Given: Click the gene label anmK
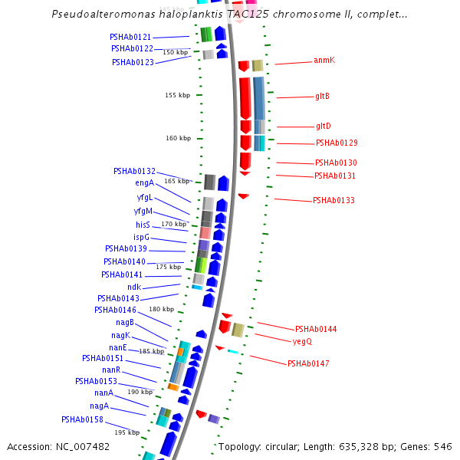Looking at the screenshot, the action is (x=324, y=60).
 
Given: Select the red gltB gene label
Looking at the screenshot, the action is (x=322, y=96).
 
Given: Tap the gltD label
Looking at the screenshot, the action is (x=323, y=126).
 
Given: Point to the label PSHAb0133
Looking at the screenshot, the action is (x=333, y=200).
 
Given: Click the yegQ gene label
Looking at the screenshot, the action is (x=302, y=341).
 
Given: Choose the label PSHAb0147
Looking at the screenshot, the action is (x=308, y=363).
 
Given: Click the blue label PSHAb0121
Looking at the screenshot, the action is (x=130, y=37).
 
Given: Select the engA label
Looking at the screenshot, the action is (x=144, y=182).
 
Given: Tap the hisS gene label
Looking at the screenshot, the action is (x=143, y=225).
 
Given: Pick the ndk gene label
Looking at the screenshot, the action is (x=134, y=287).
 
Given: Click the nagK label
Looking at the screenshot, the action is (x=120, y=335).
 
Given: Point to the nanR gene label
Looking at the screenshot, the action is (x=110, y=370).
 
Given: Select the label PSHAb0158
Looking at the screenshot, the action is (x=82, y=419).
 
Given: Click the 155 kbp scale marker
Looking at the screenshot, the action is (x=177, y=95).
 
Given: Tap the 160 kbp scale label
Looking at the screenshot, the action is (x=178, y=138).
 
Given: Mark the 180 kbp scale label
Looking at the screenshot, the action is (x=161, y=309).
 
